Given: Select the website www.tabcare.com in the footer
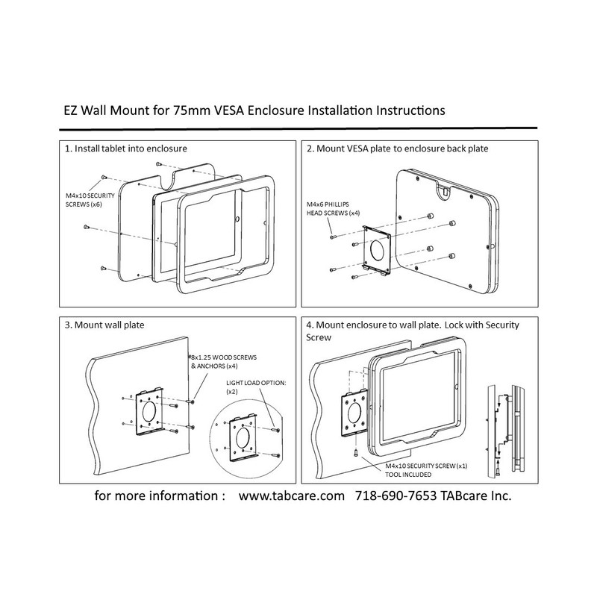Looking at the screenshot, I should pyautogui.click(x=291, y=496).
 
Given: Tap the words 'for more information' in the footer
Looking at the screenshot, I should pyautogui.click(x=160, y=496).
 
